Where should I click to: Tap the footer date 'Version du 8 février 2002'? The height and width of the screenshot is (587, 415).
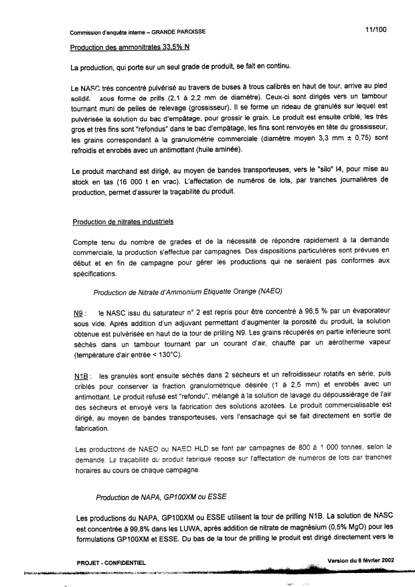tap(361, 560)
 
